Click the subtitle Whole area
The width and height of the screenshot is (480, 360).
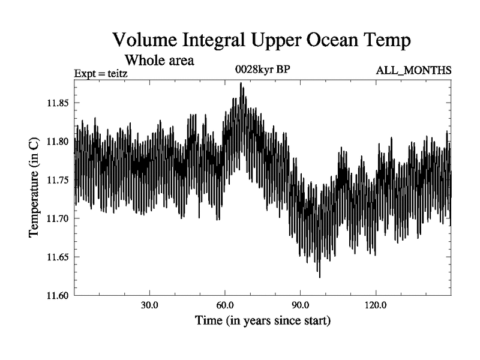coord(159,61)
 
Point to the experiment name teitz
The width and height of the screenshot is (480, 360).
coord(116,74)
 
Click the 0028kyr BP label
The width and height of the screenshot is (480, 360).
coord(262,70)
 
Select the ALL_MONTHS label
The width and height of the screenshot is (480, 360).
coord(413,71)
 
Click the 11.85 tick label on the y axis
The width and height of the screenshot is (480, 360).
coord(59,103)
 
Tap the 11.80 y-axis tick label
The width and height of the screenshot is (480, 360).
coord(59,142)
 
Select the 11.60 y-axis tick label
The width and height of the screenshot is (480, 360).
coord(59,295)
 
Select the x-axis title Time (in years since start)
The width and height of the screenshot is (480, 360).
coord(263,321)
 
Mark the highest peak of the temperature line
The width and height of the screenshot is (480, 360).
coord(241,83)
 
